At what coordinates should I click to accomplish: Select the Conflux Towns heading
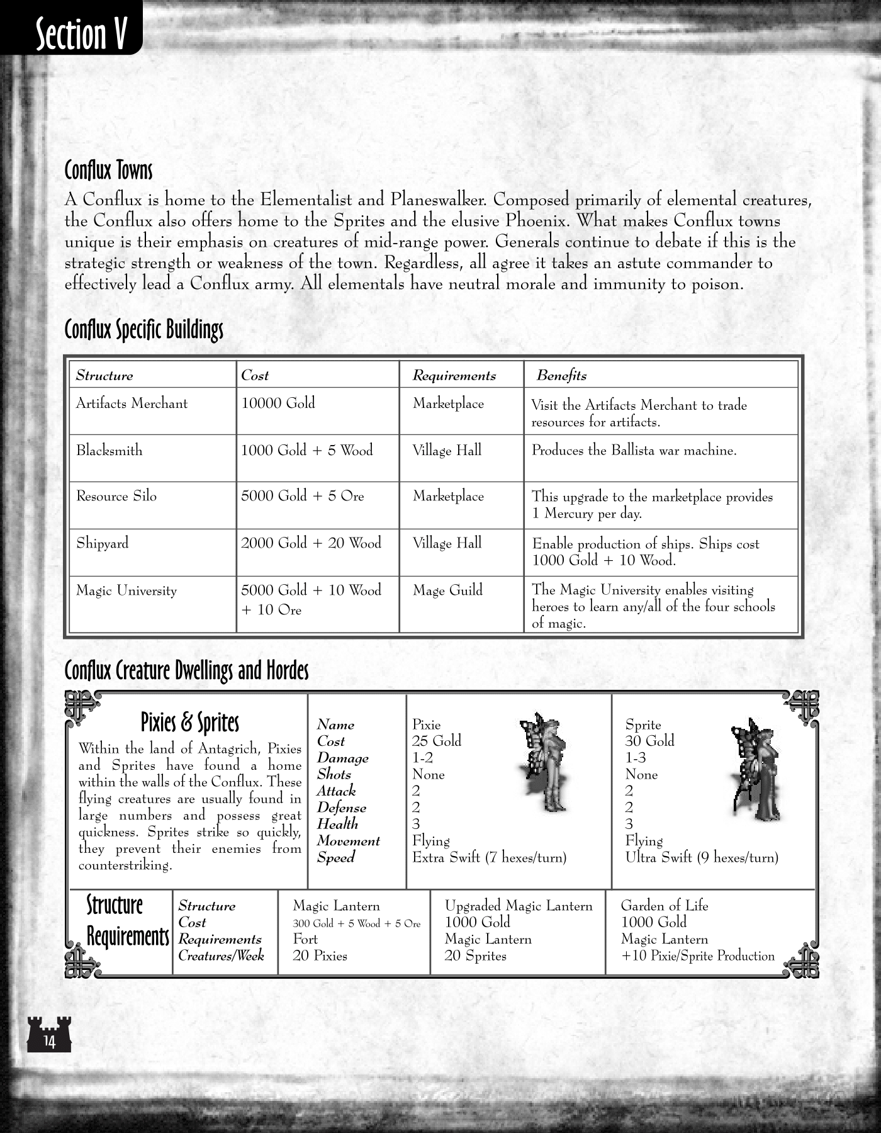coord(108,170)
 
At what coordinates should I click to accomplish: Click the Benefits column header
coord(561,376)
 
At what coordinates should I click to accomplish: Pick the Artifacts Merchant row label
coord(132,403)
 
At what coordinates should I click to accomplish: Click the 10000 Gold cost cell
coord(278,403)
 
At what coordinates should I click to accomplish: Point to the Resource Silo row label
coord(116,496)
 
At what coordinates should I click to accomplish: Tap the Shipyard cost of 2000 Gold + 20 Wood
coord(311,543)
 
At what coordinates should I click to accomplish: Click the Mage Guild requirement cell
coord(447,590)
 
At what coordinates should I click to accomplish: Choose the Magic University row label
coord(126,590)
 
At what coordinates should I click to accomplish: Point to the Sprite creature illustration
coord(755,768)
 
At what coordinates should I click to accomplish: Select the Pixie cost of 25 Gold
coord(436,741)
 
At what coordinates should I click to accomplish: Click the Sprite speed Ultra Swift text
coord(701,857)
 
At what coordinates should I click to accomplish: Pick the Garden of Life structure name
coord(664,906)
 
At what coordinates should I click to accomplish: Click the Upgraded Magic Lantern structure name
coord(519,906)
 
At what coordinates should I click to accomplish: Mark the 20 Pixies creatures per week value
coord(320,955)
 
